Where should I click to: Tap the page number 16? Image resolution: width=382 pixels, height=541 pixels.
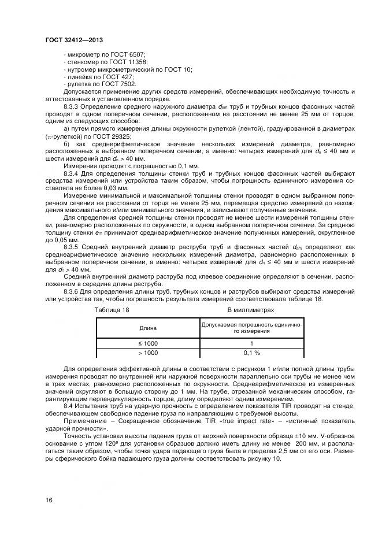pos(49,499)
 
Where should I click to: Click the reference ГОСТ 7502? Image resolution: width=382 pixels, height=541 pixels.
pos(118,84)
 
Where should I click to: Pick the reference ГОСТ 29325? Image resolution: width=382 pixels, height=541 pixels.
pos(102,136)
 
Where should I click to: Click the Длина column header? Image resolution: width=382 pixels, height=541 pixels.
pos(148,328)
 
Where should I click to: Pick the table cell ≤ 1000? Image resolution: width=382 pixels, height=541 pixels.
pos(148,343)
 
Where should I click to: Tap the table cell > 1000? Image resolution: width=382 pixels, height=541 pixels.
pos(148,353)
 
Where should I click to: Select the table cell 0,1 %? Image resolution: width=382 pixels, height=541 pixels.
pos(251,353)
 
